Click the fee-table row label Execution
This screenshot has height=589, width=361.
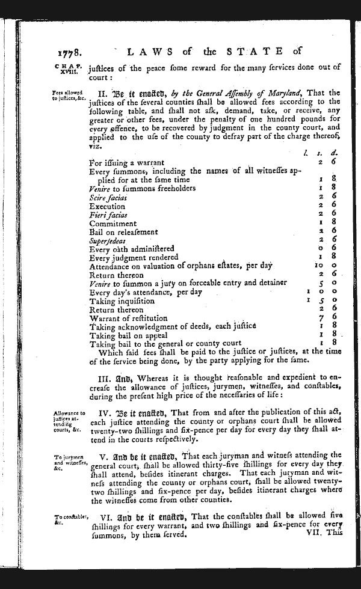tap(106, 206)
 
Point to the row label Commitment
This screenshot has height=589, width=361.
tap(113, 224)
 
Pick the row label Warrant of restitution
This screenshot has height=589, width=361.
tap(128, 318)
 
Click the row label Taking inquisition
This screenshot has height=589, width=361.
tap(122, 301)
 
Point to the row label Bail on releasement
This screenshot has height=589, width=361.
tap(123, 232)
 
